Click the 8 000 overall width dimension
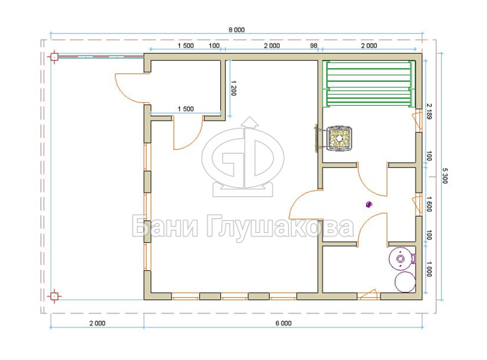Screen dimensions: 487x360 (236, 30)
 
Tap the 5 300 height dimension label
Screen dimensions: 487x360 (445, 176)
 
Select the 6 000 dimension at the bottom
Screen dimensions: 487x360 (284, 323)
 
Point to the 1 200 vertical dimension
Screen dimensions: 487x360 (234, 88)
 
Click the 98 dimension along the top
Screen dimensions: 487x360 (313, 46)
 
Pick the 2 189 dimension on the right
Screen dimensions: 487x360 (429, 112)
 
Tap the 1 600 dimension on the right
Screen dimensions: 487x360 (429, 204)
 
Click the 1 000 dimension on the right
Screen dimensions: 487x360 (428, 269)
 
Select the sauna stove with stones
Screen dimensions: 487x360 (339, 138)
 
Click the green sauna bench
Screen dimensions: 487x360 (369, 85)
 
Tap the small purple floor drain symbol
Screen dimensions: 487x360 (368, 205)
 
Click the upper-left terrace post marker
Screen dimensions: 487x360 (54, 57)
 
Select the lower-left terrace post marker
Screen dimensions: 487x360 (54, 296)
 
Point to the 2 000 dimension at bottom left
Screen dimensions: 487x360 (97, 323)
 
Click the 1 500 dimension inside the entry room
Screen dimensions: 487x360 (186, 109)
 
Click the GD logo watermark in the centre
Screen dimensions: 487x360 (243, 157)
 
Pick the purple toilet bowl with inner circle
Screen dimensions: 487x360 (402, 258)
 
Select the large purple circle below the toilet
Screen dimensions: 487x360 (404, 282)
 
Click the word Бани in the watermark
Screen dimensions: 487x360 (165, 226)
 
